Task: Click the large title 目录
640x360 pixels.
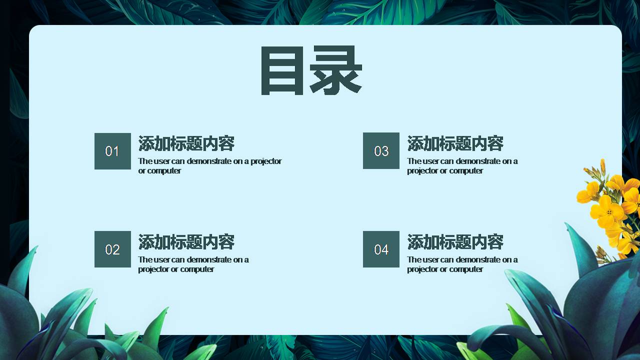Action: point(310,70)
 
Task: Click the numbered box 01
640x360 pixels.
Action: point(112,151)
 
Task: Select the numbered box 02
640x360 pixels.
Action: point(112,249)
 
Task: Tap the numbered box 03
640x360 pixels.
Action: point(381,151)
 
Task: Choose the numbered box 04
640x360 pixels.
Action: point(381,249)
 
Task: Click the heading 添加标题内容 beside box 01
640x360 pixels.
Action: point(186,143)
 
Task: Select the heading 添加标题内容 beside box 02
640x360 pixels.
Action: point(186,242)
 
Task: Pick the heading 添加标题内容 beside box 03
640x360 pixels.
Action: point(455,143)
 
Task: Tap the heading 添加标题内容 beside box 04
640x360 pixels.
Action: point(455,242)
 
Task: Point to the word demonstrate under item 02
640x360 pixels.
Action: point(209,259)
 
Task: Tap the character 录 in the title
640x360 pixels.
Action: point(335,70)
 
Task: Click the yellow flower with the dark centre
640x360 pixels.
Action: point(608,211)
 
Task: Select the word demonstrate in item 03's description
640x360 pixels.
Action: point(477,161)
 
